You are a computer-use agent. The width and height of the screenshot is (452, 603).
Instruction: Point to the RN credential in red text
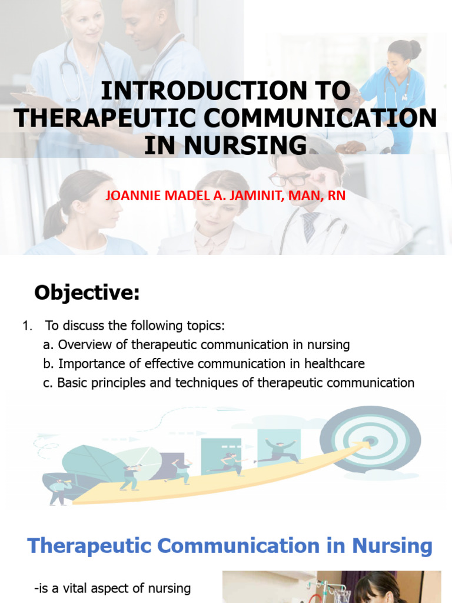pos(337,196)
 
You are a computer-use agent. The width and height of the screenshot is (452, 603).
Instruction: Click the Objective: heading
pos(87,293)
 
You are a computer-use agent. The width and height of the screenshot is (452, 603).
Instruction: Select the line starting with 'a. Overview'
pos(197,344)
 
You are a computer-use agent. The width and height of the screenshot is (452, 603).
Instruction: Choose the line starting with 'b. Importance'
pos(204,363)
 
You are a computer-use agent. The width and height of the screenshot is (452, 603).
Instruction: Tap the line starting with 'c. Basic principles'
pos(228,383)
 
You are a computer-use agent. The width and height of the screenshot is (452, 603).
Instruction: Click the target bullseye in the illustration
pos(370,440)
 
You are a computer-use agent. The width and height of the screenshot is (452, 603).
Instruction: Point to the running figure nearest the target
pos(278,451)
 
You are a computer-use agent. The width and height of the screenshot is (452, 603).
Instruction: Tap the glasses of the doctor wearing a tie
pos(291,178)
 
